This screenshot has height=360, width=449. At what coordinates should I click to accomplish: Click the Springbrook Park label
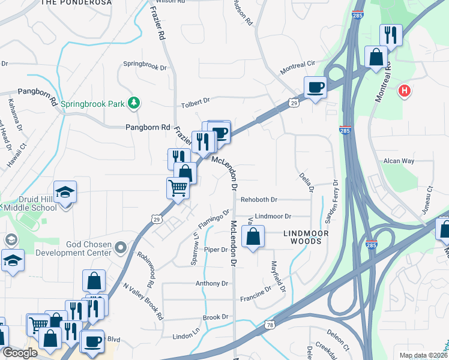tap(92, 103)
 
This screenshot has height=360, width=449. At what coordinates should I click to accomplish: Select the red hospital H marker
tap(405, 91)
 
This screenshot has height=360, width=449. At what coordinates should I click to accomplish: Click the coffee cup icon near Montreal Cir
tap(315, 88)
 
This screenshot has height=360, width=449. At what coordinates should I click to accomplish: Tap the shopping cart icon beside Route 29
tap(178, 188)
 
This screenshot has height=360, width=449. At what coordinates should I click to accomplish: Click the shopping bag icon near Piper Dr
tap(253, 237)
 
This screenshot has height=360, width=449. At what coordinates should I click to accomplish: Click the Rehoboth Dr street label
tap(259, 200)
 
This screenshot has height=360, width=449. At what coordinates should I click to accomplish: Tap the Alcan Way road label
tap(399, 161)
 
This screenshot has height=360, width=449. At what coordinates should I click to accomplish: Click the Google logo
tap(20, 353)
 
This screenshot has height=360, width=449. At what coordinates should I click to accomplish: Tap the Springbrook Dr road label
tap(145, 64)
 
